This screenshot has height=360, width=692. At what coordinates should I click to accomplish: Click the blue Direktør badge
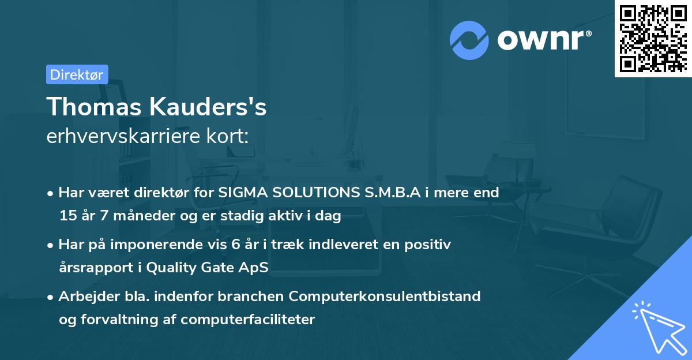coord(77,74)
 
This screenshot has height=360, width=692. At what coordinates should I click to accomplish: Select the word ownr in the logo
coord(544,40)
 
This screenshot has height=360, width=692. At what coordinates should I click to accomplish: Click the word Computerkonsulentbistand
coord(385,296)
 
